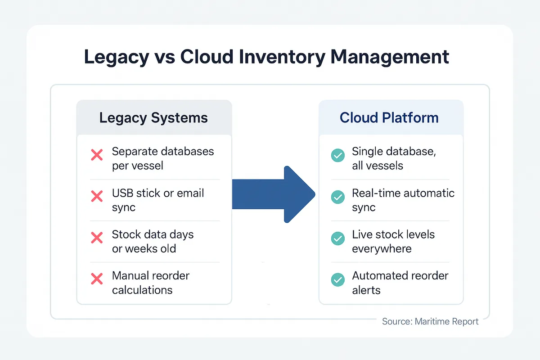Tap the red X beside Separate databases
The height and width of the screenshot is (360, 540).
pos(97,156)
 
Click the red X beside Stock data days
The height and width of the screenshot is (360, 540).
pos(97,238)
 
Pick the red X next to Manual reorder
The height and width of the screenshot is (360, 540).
pos(97,279)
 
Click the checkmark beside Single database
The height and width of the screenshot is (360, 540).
pos(337,156)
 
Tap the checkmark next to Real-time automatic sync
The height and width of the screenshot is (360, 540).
pos(337,197)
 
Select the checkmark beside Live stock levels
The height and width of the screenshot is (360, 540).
pos(337,238)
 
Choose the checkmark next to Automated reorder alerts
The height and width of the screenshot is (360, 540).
pos(337,279)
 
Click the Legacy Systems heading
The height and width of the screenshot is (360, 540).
pos(153,118)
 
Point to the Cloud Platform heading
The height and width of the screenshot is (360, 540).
pos(389,118)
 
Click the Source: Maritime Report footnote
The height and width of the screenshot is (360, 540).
pos(430,321)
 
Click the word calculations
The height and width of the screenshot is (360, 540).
pos(142,290)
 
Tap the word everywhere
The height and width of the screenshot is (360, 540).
pos(382,248)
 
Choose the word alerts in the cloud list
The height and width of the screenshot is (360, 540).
pos(366,290)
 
